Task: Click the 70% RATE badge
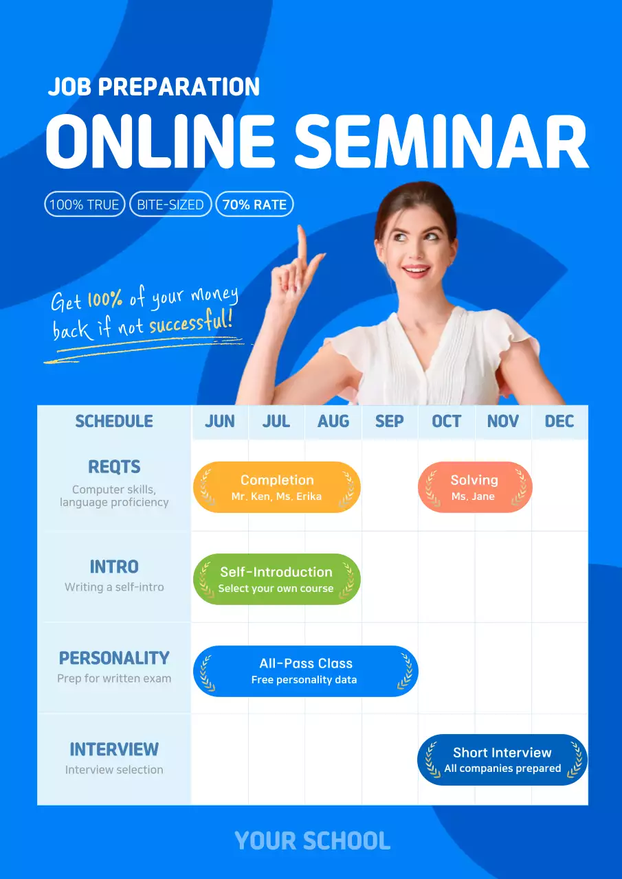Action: click(254, 205)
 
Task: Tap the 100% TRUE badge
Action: click(85, 205)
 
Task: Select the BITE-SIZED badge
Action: click(170, 205)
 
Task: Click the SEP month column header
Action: click(390, 422)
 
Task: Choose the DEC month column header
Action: click(559, 422)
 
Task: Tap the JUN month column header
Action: click(220, 422)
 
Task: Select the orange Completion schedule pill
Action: click(277, 487)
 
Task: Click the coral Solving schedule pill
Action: click(474, 487)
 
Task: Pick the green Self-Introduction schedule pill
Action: click(276, 579)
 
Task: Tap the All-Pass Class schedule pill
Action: click(306, 671)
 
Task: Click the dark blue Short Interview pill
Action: click(502, 760)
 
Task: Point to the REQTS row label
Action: click(114, 467)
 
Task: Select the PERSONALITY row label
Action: click(114, 658)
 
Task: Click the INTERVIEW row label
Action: click(114, 749)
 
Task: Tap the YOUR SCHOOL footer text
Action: click(312, 841)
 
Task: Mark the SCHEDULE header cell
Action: click(114, 422)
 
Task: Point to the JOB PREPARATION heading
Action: click(154, 87)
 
